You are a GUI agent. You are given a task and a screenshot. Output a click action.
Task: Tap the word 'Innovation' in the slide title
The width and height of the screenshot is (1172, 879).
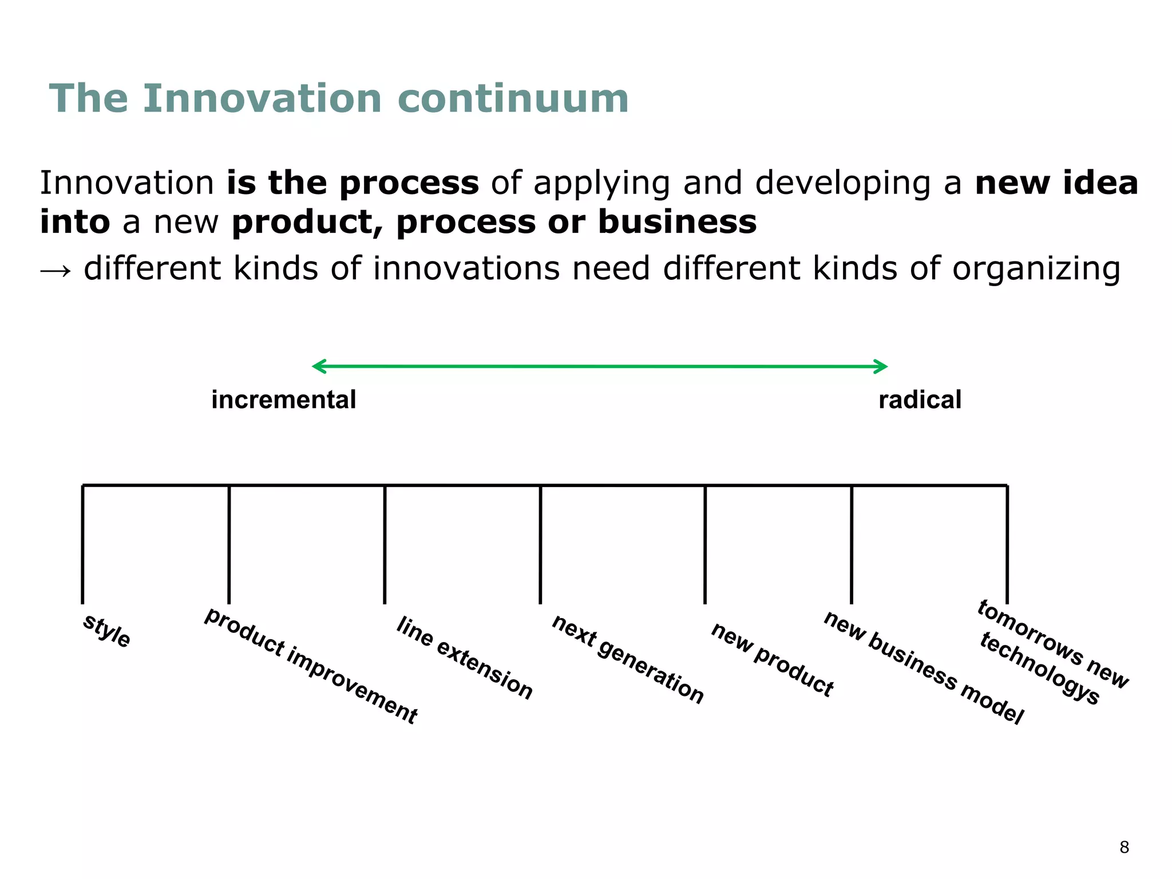pos(262,98)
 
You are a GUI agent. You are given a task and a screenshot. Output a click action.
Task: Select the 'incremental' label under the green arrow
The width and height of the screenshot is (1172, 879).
pos(283,399)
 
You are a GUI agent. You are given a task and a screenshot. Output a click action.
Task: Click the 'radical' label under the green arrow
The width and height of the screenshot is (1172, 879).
pos(920,399)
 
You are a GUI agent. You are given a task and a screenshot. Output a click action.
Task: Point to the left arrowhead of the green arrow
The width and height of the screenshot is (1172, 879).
pos(318,366)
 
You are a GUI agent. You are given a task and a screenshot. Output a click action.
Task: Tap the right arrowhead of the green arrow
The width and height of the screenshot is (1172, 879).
pos(881,366)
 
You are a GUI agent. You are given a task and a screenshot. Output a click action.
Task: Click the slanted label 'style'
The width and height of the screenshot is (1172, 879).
pos(107,631)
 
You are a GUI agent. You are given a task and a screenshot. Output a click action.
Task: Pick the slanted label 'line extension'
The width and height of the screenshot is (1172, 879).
pos(465,658)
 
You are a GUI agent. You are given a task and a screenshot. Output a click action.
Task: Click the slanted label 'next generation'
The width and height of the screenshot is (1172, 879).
pos(628,659)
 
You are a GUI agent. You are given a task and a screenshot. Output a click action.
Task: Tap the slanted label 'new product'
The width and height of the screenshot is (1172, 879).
pos(772,660)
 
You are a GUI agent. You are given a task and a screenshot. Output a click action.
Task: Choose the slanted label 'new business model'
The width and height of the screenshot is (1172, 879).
pos(923,667)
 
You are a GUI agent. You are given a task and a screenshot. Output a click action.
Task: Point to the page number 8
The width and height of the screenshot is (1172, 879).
pos(1124,847)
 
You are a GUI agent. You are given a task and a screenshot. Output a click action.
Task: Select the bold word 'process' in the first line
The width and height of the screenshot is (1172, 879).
pos(409,184)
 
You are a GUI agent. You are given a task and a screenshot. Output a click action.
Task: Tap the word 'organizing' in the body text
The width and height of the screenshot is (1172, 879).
pos(1036,269)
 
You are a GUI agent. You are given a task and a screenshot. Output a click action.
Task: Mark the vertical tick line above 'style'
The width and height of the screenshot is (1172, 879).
pos(82,544)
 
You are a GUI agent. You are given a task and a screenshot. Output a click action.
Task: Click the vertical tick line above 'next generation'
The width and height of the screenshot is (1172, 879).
pos(540,544)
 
